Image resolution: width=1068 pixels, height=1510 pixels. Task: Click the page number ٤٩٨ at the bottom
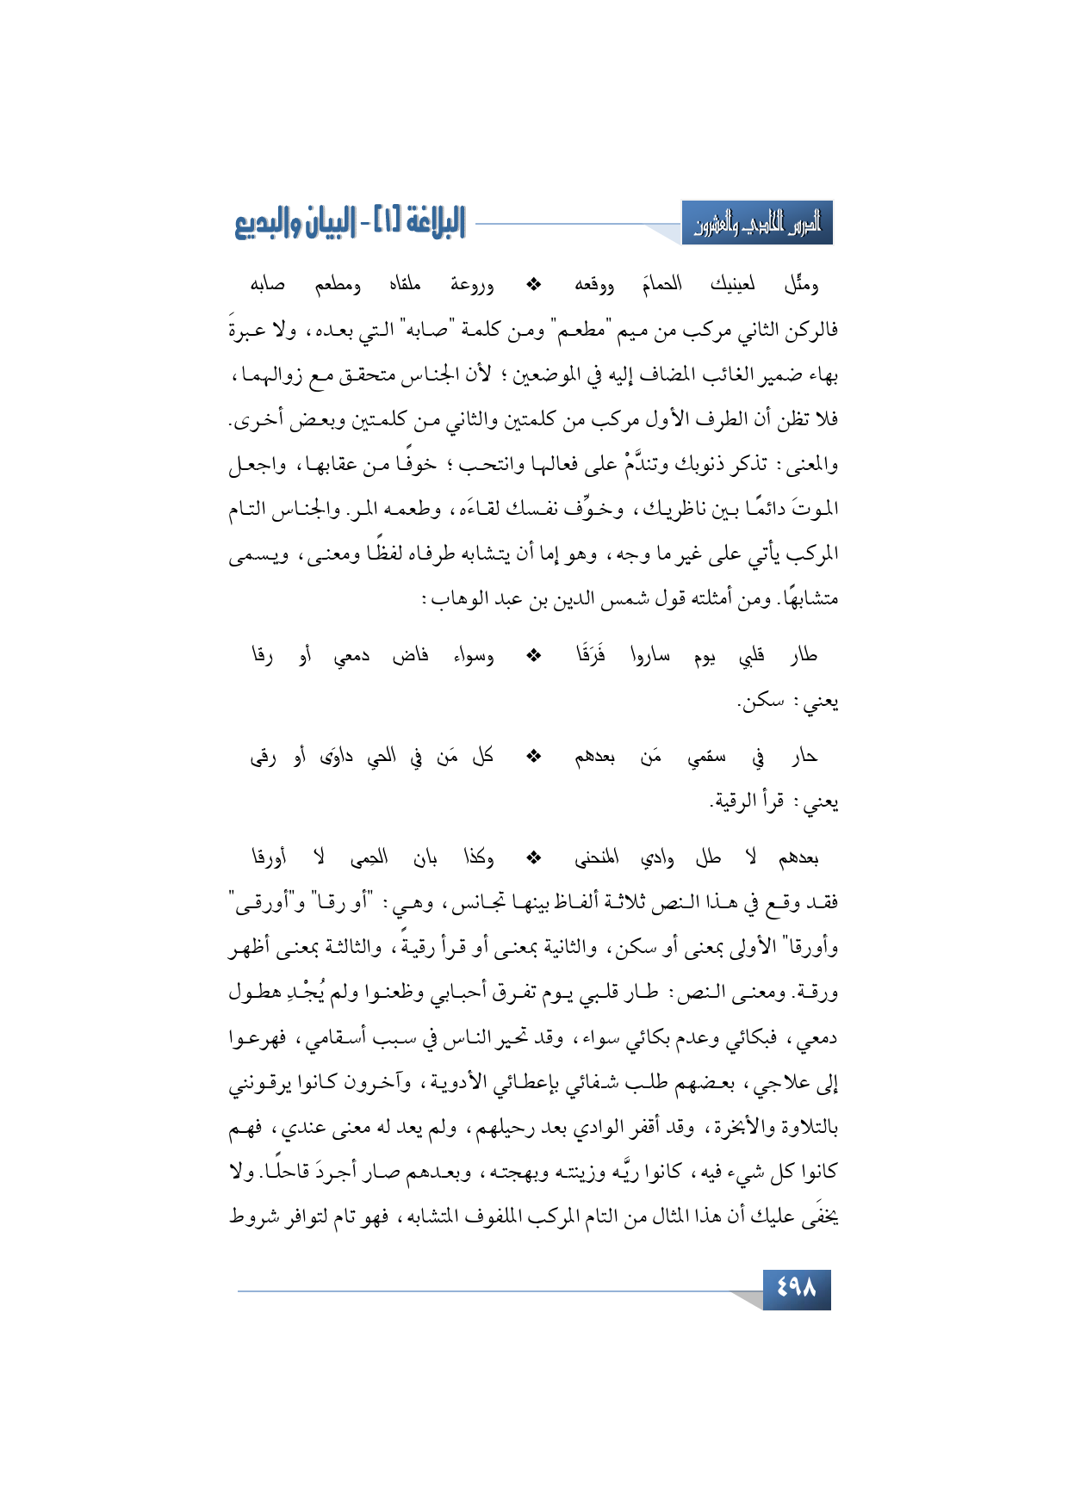tap(796, 1289)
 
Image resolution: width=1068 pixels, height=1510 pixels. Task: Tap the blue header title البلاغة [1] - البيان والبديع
tap(350, 223)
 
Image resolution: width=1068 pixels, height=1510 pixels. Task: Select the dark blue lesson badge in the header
tap(757, 224)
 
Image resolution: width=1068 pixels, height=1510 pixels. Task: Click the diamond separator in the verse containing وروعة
tap(534, 284)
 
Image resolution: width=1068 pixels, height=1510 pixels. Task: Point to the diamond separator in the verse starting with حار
tap(534, 757)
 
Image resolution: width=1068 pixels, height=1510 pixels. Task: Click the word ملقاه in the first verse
tap(405, 284)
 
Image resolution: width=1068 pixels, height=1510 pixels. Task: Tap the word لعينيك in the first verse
tap(732, 284)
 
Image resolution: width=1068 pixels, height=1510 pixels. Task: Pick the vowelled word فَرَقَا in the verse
tap(592, 656)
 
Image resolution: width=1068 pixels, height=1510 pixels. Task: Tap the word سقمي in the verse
tap(706, 758)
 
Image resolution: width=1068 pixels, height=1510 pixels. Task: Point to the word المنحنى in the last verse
tap(597, 858)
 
